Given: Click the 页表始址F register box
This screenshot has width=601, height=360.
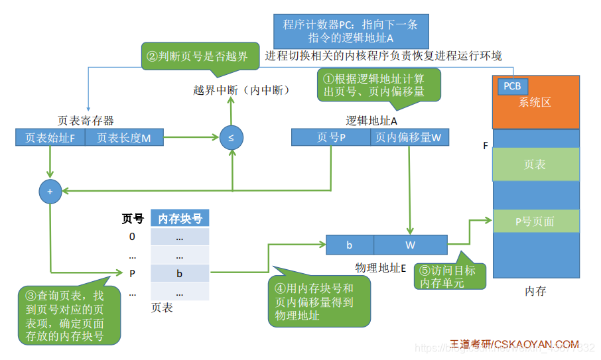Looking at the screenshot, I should tap(50, 138).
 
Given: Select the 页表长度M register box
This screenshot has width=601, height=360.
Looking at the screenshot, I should tap(123, 138).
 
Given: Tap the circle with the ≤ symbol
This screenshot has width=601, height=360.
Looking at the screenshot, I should tap(231, 138).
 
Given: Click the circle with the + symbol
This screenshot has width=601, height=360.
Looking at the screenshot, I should tap(50, 191).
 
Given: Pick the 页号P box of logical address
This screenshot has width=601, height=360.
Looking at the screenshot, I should tap(331, 138).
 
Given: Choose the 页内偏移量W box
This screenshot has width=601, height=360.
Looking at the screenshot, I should tap(408, 138).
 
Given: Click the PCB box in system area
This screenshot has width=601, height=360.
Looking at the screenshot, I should tap(511, 86).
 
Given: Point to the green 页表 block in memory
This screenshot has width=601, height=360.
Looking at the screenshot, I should tap(535, 164).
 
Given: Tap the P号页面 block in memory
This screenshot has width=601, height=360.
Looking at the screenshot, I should tap(535, 221).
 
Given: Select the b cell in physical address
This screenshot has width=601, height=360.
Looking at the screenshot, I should tap(350, 245).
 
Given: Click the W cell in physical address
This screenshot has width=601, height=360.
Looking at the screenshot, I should tap(410, 245).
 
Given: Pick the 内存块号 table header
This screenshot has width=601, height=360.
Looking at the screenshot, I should tap(179, 218).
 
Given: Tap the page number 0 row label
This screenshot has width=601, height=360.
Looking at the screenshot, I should tap(132, 237).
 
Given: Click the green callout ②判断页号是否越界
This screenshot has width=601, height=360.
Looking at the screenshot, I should tap(198, 57).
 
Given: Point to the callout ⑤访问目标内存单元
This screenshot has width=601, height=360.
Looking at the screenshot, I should tap(450, 277).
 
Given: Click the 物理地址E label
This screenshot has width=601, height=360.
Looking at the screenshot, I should tap(380, 267).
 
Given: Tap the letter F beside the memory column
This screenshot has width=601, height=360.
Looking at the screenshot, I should tap(486, 145).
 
